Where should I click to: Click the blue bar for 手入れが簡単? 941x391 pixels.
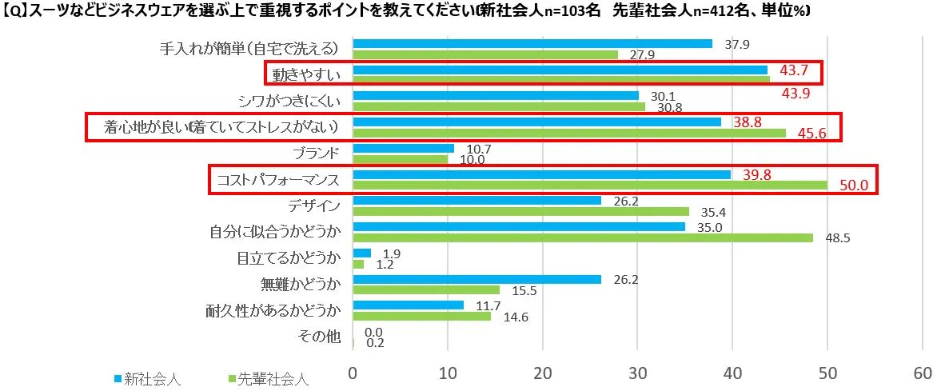coord(532,43)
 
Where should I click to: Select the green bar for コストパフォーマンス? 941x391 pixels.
coord(590,186)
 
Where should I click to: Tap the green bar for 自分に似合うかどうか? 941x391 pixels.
coord(582,237)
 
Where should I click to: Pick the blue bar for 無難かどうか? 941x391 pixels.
coord(476,279)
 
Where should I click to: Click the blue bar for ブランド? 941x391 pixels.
coord(403,148)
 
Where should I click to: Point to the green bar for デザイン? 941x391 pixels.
coord(520,211)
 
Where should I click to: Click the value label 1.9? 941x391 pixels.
coord(391,253)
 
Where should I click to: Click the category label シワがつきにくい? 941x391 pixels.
coord(290,101)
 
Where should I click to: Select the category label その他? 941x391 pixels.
coord(323,337)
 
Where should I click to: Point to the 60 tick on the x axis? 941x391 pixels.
coord(922,373)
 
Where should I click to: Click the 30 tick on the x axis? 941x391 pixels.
coord(637,373)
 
